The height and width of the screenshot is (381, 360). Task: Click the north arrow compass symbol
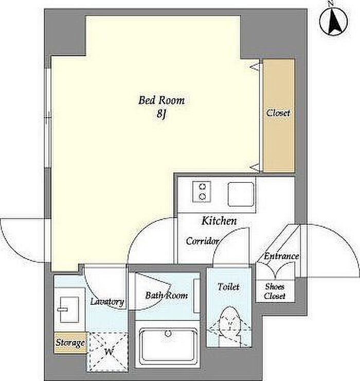click(x=333, y=22)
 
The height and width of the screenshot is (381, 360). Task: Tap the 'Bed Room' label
click(x=161, y=100)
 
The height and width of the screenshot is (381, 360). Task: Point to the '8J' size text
click(x=161, y=114)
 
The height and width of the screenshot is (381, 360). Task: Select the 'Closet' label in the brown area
click(x=278, y=113)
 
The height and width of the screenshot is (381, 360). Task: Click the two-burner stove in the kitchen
click(x=202, y=192)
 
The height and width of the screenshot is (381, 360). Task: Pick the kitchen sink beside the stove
click(x=241, y=194)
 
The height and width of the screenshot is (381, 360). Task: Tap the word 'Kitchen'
click(x=219, y=221)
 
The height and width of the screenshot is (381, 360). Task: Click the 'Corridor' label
click(x=203, y=241)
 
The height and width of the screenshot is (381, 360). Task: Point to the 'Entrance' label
click(x=281, y=256)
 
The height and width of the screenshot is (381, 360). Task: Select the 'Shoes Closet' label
click(x=275, y=291)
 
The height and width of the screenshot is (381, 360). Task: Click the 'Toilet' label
click(x=228, y=287)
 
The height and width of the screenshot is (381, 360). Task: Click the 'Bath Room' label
click(x=166, y=296)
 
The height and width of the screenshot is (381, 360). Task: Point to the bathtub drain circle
click(x=168, y=333)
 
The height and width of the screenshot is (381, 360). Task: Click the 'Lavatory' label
click(x=107, y=302)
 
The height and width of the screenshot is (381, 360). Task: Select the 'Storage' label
click(x=70, y=343)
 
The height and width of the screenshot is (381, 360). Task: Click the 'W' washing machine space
click(x=108, y=352)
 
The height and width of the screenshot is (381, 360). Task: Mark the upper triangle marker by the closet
click(x=255, y=66)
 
